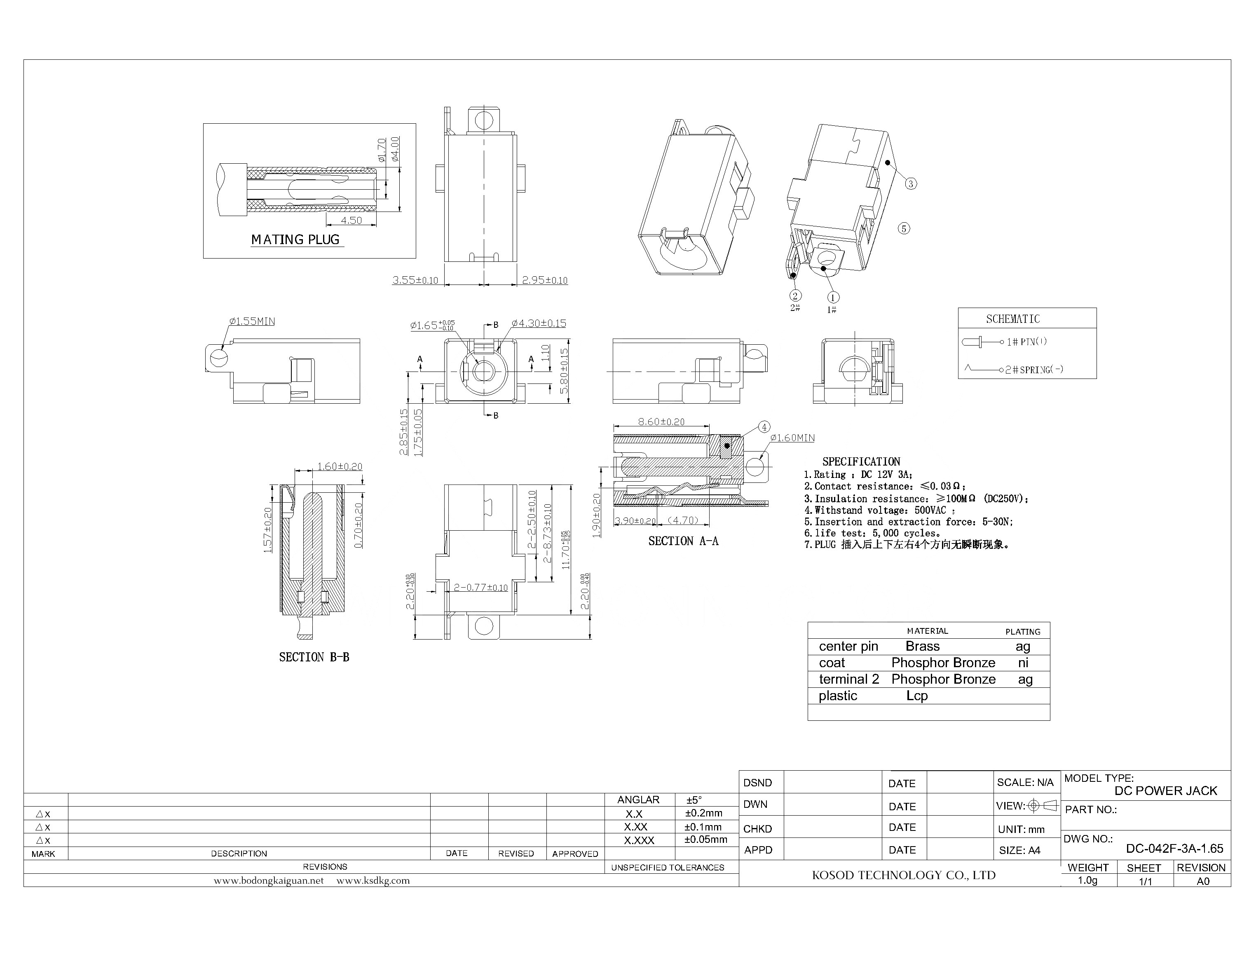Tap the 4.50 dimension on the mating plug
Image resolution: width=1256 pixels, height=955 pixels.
point(351,221)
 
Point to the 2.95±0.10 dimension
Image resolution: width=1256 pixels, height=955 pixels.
point(544,280)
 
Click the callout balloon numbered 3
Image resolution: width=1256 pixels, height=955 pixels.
point(911,183)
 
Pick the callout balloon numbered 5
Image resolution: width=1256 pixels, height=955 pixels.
point(904,228)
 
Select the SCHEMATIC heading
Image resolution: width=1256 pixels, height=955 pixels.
point(1013,319)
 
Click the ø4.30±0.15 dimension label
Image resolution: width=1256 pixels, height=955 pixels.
point(539,323)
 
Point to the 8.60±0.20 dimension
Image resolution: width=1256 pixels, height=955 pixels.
point(661,422)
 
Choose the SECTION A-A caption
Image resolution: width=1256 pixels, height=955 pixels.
point(683,541)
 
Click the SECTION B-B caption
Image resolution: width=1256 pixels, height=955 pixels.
point(314,657)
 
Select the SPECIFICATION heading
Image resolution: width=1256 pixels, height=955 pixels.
point(861,461)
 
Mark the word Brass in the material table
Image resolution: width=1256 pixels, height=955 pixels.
point(923,646)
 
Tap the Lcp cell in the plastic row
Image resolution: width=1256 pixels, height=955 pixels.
point(917,696)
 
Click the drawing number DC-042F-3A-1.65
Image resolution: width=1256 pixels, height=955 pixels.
point(1174,849)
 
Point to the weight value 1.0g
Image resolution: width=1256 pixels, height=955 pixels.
point(1088,880)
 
